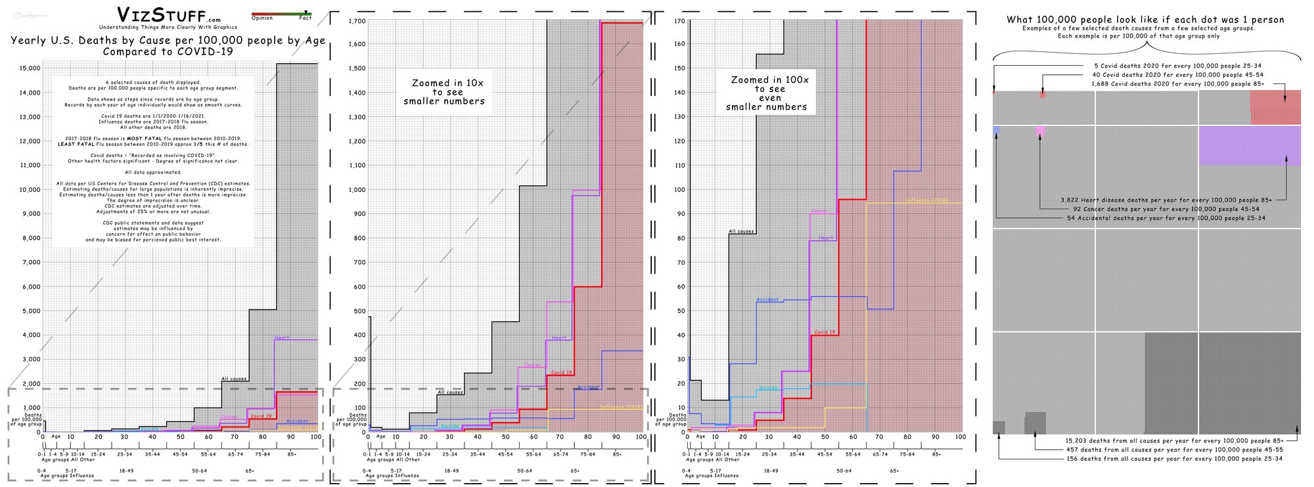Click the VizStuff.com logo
point(168,15)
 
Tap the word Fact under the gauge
point(306,18)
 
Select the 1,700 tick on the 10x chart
point(357,21)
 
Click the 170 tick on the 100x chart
point(679,21)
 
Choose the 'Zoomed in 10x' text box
point(444,92)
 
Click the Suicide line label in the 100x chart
point(768,388)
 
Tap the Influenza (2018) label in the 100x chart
point(926,200)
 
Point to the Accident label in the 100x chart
point(767,300)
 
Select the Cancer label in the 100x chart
point(819,211)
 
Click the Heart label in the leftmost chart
point(282,338)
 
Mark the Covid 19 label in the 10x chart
point(562,373)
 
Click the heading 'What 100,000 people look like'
point(1145,20)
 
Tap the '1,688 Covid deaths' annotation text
point(1177,84)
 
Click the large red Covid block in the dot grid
point(1275,107)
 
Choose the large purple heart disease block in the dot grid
point(1249,145)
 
